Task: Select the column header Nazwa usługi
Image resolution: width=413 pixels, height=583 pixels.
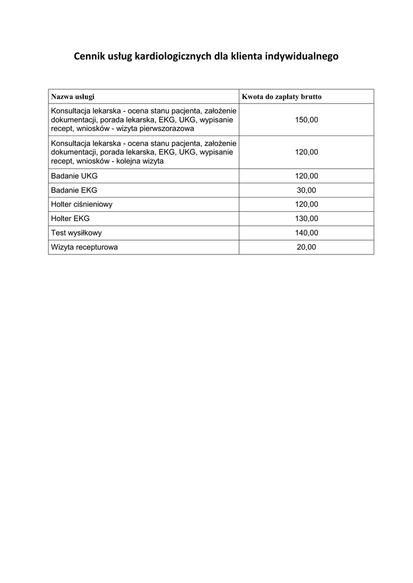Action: [x=73, y=97]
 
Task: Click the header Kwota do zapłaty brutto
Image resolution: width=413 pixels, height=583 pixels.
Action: [x=281, y=97]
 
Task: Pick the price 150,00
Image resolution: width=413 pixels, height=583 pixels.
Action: [x=306, y=120]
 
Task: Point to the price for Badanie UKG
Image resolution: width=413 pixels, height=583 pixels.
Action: [x=306, y=176]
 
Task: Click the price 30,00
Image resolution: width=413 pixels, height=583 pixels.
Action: [x=306, y=190]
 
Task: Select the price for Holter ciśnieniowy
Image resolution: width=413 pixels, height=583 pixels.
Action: [x=306, y=204]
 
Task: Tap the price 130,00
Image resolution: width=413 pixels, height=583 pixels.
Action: [x=306, y=219]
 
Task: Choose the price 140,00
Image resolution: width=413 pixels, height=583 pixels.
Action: [x=306, y=233]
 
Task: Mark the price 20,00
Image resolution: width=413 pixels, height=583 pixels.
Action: [x=306, y=247]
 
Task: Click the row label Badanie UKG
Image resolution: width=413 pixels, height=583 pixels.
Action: [x=74, y=176]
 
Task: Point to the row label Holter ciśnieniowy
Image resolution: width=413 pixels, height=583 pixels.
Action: [x=81, y=204]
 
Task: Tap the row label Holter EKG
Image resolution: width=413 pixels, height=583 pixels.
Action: [x=70, y=219]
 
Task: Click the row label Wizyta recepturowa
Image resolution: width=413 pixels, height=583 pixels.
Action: [x=84, y=247]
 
